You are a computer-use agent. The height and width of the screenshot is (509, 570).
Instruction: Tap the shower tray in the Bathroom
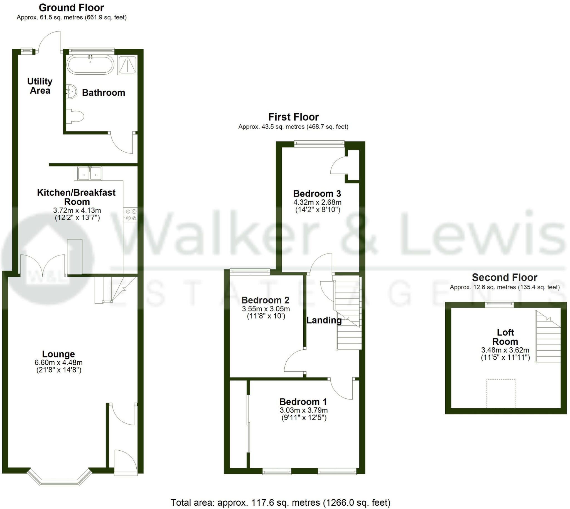(x=128, y=65)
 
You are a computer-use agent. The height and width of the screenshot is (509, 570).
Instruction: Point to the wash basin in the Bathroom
(x=72, y=91)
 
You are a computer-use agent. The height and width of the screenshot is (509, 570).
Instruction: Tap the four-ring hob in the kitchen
(x=131, y=215)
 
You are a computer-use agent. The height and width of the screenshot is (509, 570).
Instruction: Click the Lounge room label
(x=58, y=354)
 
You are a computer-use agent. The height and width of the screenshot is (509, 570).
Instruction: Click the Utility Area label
(x=40, y=86)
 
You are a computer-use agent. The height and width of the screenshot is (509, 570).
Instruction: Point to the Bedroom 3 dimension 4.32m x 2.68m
(x=317, y=202)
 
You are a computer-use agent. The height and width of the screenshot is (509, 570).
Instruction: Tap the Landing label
(x=324, y=320)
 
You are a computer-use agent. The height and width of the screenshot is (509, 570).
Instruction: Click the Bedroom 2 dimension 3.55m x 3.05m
(x=266, y=309)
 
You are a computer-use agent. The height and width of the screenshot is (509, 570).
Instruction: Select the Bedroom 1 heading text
(x=303, y=402)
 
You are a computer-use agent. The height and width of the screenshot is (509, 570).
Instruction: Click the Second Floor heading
(x=505, y=277)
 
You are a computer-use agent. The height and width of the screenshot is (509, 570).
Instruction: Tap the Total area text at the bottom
(x=280, y=503)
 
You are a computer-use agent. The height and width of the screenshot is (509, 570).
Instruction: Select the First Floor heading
(x=293, y=117)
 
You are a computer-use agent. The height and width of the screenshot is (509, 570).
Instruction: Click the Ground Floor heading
(x=72, y=8)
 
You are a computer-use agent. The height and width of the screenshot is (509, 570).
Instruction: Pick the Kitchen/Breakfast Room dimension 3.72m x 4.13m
(x=77, y=210)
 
